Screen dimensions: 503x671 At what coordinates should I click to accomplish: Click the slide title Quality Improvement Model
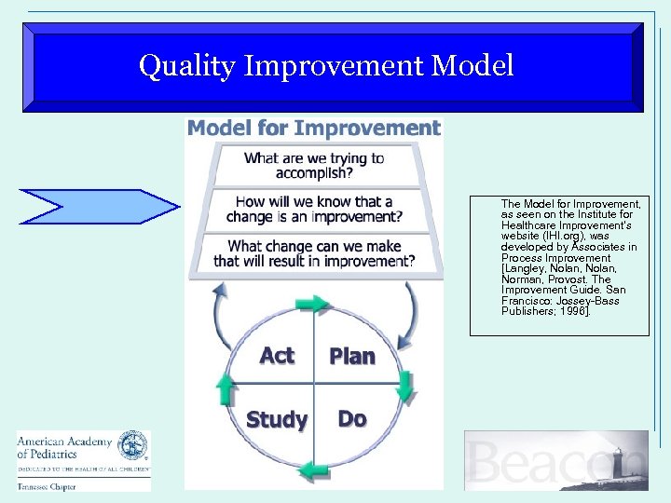click(x=325, y=66)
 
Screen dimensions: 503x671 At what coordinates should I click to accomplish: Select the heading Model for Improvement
click(x=314, y=129)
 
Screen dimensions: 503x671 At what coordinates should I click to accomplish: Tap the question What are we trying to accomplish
click(x=314, y=166)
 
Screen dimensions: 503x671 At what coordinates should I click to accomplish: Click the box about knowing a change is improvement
click(x=314, y=210)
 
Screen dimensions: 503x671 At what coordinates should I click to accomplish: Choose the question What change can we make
click(x=314, y=253)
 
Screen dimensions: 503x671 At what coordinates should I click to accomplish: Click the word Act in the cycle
click(x=277, y=356)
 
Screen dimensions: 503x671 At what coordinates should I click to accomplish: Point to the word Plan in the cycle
click(x=352, y=357)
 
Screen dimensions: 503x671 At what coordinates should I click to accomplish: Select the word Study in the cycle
click(x=277, y=420)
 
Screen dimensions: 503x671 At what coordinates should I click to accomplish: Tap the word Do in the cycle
click(x=351, y=419)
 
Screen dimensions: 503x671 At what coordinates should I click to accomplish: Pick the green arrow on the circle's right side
click(x=404, y=385)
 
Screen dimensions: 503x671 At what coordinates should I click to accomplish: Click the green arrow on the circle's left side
click(x=225, y=387)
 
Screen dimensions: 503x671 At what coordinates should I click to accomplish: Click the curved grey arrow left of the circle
click(x=222, y=317)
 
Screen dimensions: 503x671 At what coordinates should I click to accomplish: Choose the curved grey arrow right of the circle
click(x=408, y=312)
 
